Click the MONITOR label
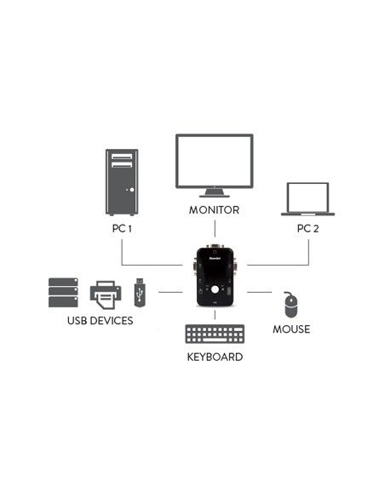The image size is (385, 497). point(214,209)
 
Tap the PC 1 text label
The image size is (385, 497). point(122,229)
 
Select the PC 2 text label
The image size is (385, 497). point(307,229)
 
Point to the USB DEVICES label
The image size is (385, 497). point(100,322)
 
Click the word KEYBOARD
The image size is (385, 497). point(215,357)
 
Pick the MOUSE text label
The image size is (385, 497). point(291,328)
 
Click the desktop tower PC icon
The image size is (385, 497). point(121,182)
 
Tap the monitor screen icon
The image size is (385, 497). point(214,161)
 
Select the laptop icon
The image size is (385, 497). point(307,199)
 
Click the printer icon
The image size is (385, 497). point(106,294)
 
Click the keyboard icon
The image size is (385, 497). point(214,334)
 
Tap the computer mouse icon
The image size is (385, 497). point(290,303)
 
